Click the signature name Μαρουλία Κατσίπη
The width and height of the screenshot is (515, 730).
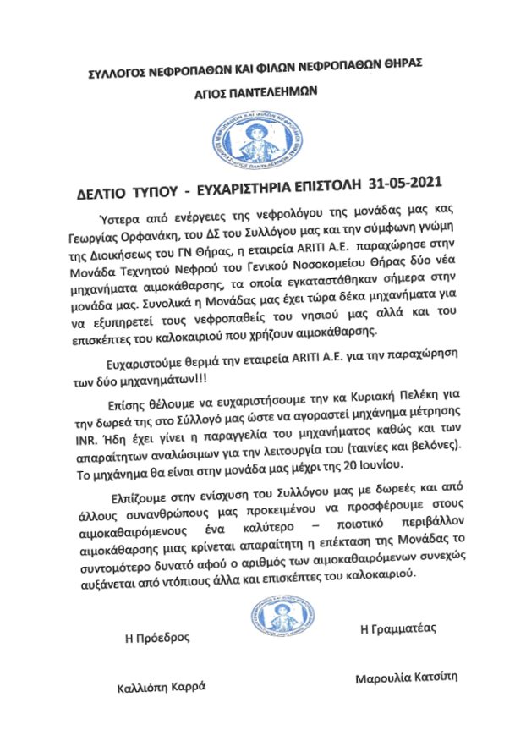click(x=405, y=678)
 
